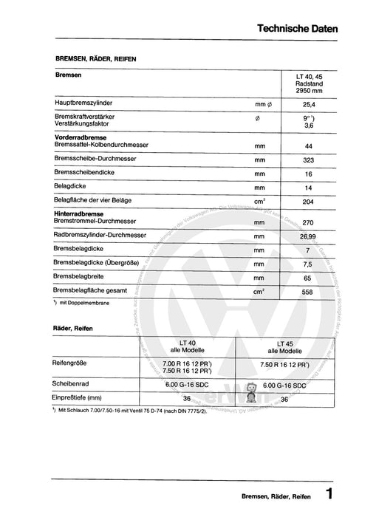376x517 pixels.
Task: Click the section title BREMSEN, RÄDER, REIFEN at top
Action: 95,58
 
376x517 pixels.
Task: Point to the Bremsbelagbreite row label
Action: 83,278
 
